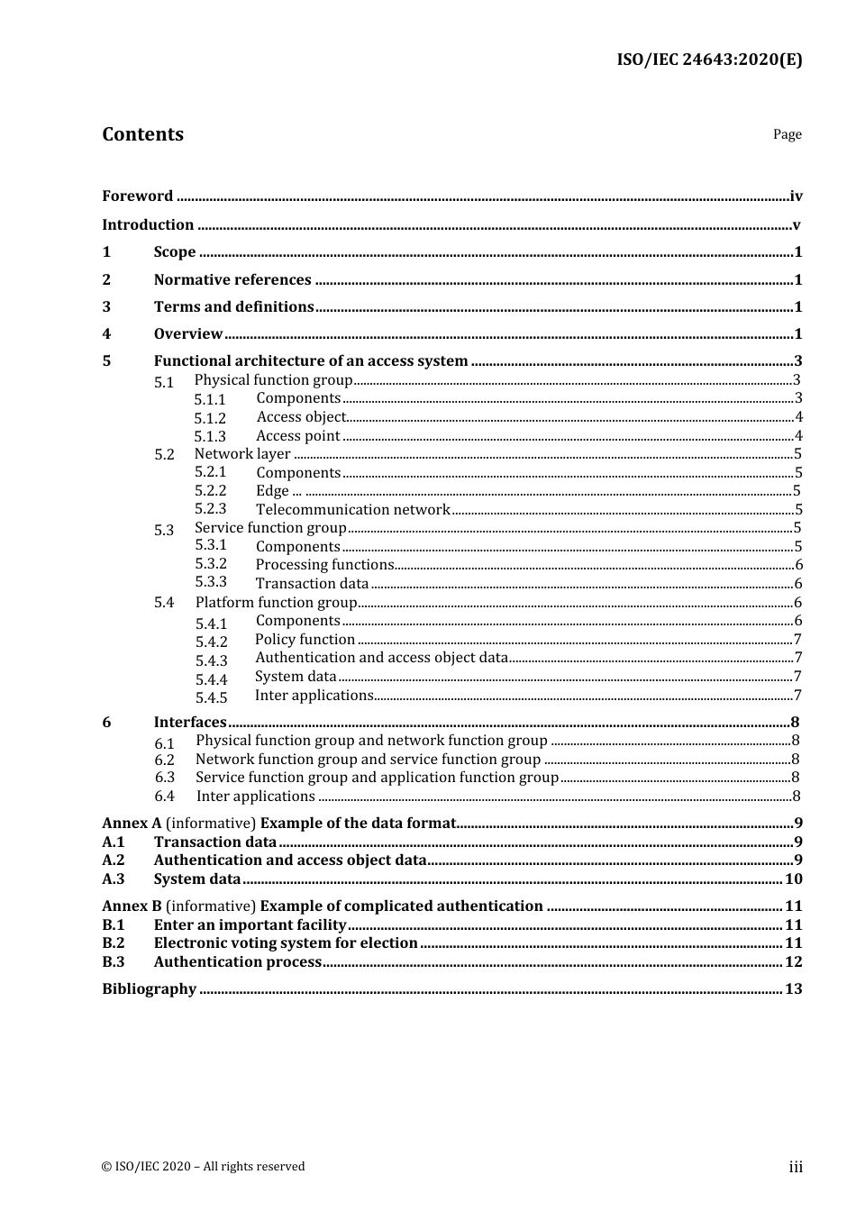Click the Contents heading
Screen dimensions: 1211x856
pyautogui.click(x=142, y=134)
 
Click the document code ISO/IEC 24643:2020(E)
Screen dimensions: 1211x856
pyautogui.click(x=709, y=60)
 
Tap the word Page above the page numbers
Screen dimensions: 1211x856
pyautogui.click(x=787, y=134)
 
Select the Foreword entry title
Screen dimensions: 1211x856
pyautogui.click(x=137, y=196)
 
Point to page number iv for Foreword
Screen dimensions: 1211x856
pyautogui.click(x=796, y=196)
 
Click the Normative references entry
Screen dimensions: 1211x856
pyautogui.click(x=232, y=280)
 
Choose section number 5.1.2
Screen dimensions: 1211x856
pyautogui.click(x=210, y=418)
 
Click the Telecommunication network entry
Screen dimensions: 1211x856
pyautogui.click(x=352, y=510)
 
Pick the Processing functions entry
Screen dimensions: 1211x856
pyautogui.click(x=324, y=565)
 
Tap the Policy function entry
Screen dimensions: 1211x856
pyautogui.click(x=305, y=640)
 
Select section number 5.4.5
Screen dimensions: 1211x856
pyautogui.click(x=211, y=697)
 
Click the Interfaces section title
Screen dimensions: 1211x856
pyautogui.click(x=190, y=723)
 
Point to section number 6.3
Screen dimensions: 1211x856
pyautogui.click(x=164, y=778)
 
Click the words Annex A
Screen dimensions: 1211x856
pyautogui.click(x=132, y=824)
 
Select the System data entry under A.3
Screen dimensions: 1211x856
pyautogui.click(x=197, y=879)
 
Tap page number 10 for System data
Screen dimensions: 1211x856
pyautogui.click(x=793, y=879)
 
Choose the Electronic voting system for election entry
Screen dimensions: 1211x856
pyautogui.click(x=286, y=943)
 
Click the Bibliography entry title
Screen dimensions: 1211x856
pyautogui.click(x=149, y=989)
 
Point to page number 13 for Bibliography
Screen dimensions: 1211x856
pyautogui.click(x=793, y=989)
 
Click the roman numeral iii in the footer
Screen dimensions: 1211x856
pyautogui.click(x=796, y=1167)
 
